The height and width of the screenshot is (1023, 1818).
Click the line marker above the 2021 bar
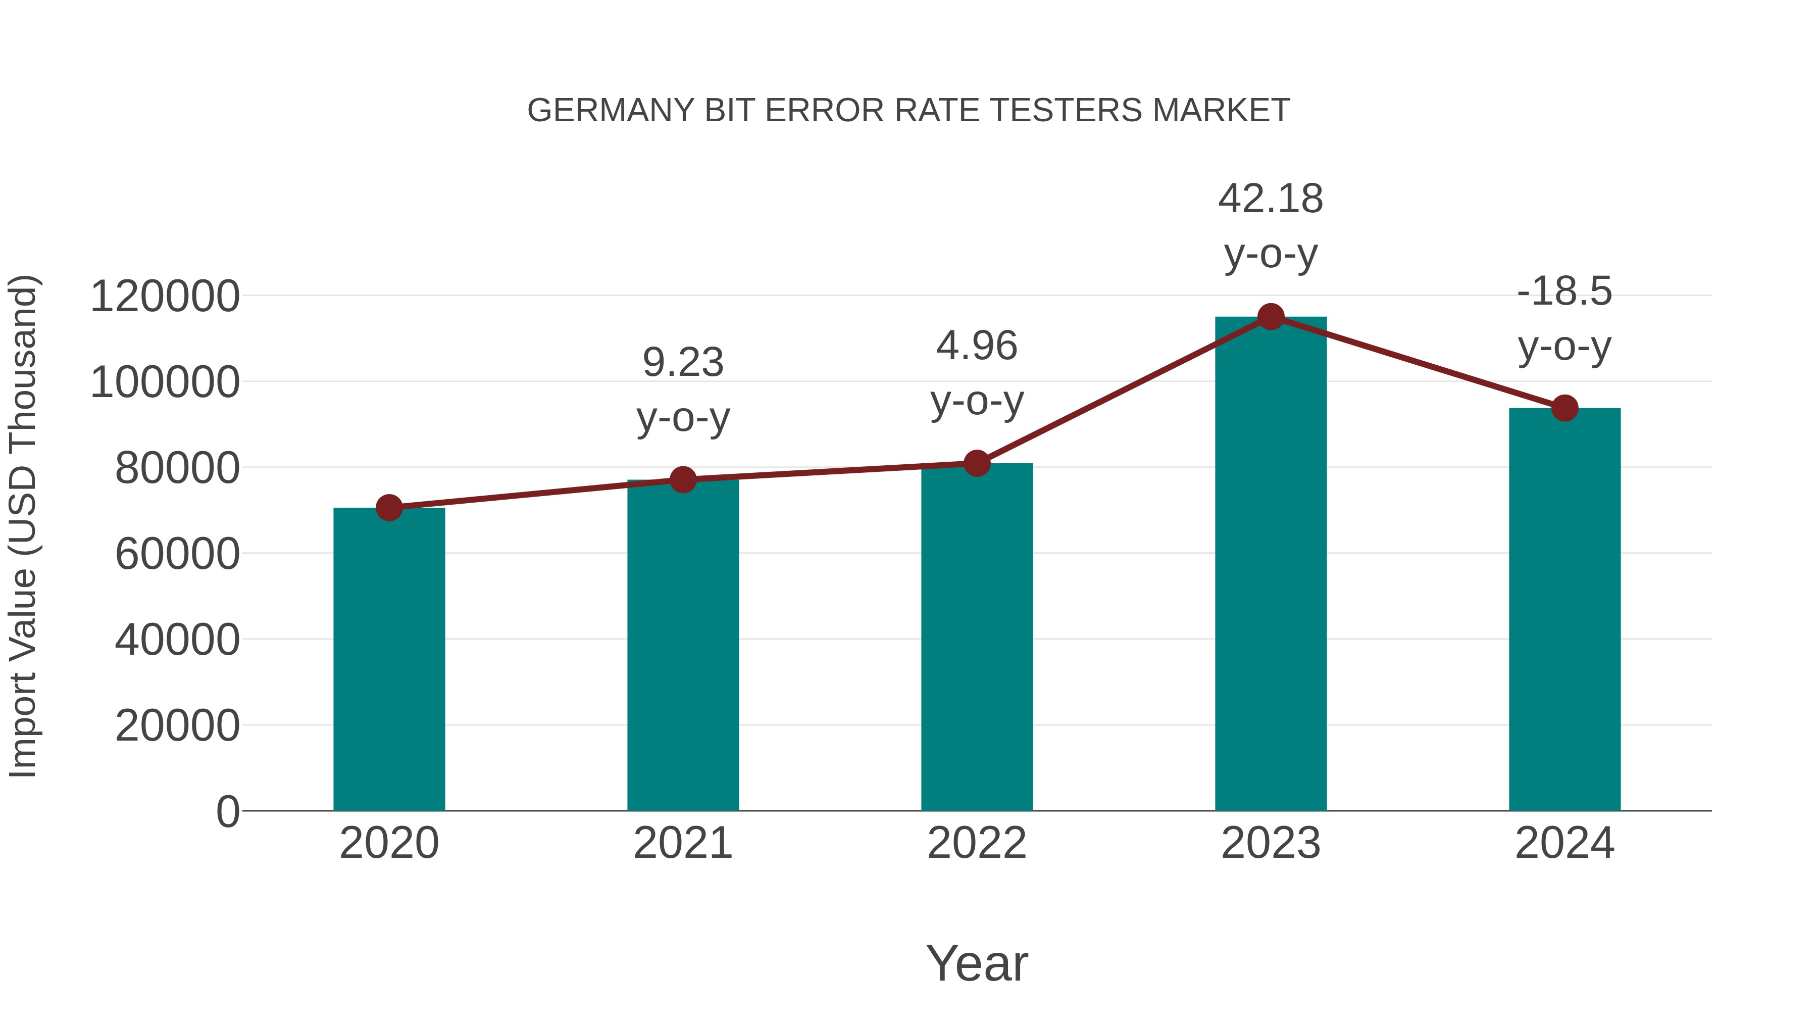pyautogui.click(x=682, y=480)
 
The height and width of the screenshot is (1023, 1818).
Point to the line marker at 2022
pyautogui.click(x=977, y=464)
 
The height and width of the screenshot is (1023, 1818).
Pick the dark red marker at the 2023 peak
pyautogui.click(x=1271, y=317)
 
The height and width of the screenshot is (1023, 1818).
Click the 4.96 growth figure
pyautogui.click(x=977, y=346)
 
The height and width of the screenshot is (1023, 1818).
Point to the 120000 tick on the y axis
pyautogui.click(x=165, y=296)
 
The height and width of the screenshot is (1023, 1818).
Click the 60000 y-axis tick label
pyautogui.click(x=177, y=554)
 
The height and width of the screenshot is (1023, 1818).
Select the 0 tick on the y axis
pyautogui.click(x=228, y=811)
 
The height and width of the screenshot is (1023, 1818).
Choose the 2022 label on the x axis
pyautogui.click(x=977, y=843)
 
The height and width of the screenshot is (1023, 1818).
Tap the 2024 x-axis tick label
pyautogui.click(x=1564, y=843)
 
